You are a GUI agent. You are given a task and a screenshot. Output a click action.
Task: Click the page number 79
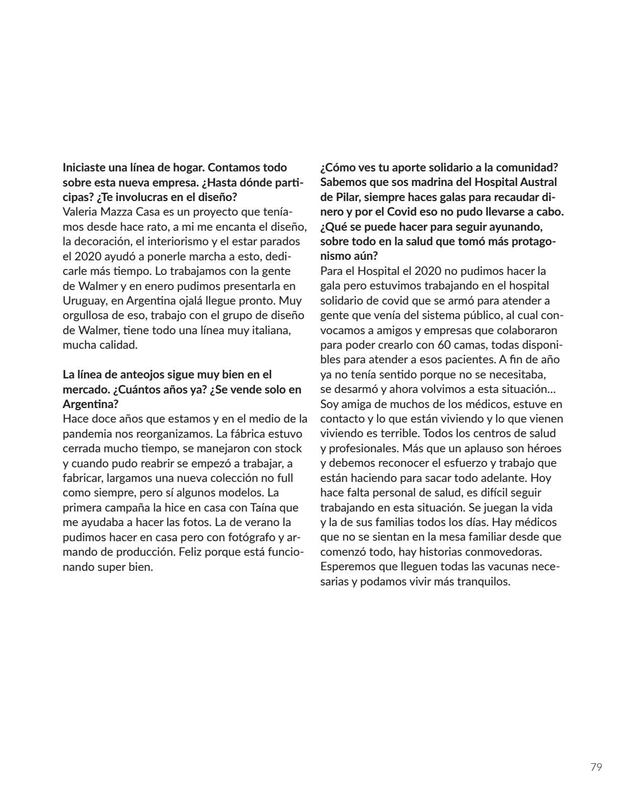tap(595, 767)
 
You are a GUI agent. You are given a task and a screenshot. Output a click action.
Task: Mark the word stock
tap(288, 448)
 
